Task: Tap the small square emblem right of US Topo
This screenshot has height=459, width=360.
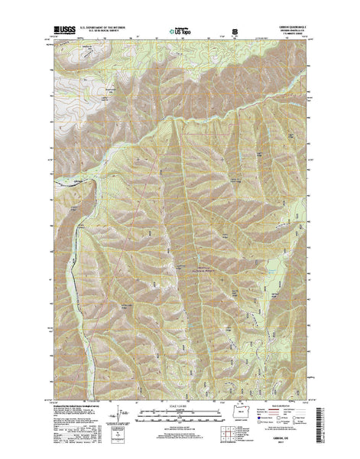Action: tap(235, 33)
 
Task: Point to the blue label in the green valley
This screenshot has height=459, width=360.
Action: tap(270, 268)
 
